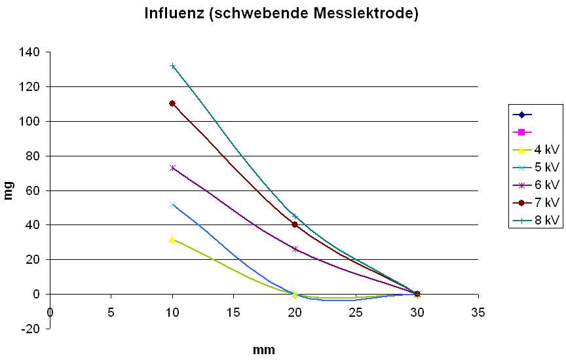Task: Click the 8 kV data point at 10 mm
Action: click(x=172, y=66)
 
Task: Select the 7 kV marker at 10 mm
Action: click(x=172, y=103)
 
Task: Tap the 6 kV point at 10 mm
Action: click(x=172, y=168)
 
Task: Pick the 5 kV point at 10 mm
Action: click(x=172, y=204)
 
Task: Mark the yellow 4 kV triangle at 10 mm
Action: click(x=172, y=240)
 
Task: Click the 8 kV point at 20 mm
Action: click(x=295, y=217)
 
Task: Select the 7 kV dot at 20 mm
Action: click(x=295, y=225)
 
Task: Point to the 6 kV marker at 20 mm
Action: click(x=295, y=249)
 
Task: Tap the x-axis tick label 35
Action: click(x=478, y=312)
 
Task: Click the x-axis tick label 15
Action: click(x=233, y=312)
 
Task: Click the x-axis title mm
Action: click(x=263, y=350)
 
